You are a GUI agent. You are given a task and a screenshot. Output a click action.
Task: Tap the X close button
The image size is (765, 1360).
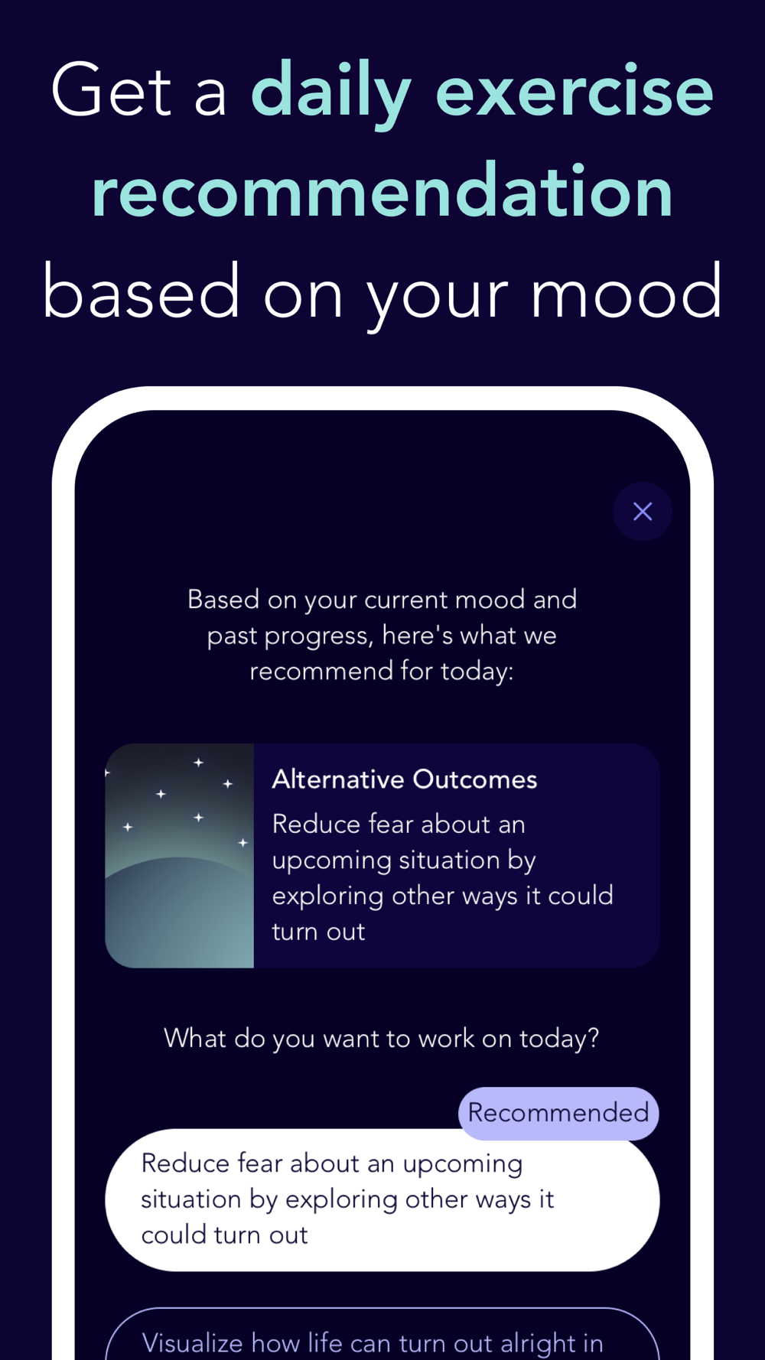pos(643,511)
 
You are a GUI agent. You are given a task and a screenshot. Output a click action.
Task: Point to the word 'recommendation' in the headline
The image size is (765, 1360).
pos(382,191)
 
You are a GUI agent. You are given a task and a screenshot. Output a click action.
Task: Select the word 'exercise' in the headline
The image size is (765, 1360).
pos(575,90)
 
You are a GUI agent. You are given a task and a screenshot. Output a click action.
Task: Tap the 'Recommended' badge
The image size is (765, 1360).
pos(558,1113)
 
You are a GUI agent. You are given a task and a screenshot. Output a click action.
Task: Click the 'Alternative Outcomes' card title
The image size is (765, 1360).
pos(405,779)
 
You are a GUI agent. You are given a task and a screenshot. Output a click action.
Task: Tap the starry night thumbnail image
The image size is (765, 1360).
pos(180,856)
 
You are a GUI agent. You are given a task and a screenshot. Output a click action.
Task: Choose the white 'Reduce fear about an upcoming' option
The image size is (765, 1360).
pos(382,1199)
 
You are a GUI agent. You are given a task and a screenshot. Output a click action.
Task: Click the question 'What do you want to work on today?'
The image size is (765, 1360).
pos(382,1039)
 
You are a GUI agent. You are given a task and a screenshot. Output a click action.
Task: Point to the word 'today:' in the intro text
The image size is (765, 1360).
pos(477,672)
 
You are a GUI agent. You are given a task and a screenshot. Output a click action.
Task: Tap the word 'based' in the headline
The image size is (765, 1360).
pos(142,291)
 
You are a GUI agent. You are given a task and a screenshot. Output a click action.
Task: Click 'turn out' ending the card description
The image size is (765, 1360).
pos(318,932)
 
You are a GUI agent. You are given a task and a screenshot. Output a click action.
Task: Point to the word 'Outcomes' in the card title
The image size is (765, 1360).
pos(475,779)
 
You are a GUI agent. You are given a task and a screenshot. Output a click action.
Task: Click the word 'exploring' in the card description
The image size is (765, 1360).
pos(327,896)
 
